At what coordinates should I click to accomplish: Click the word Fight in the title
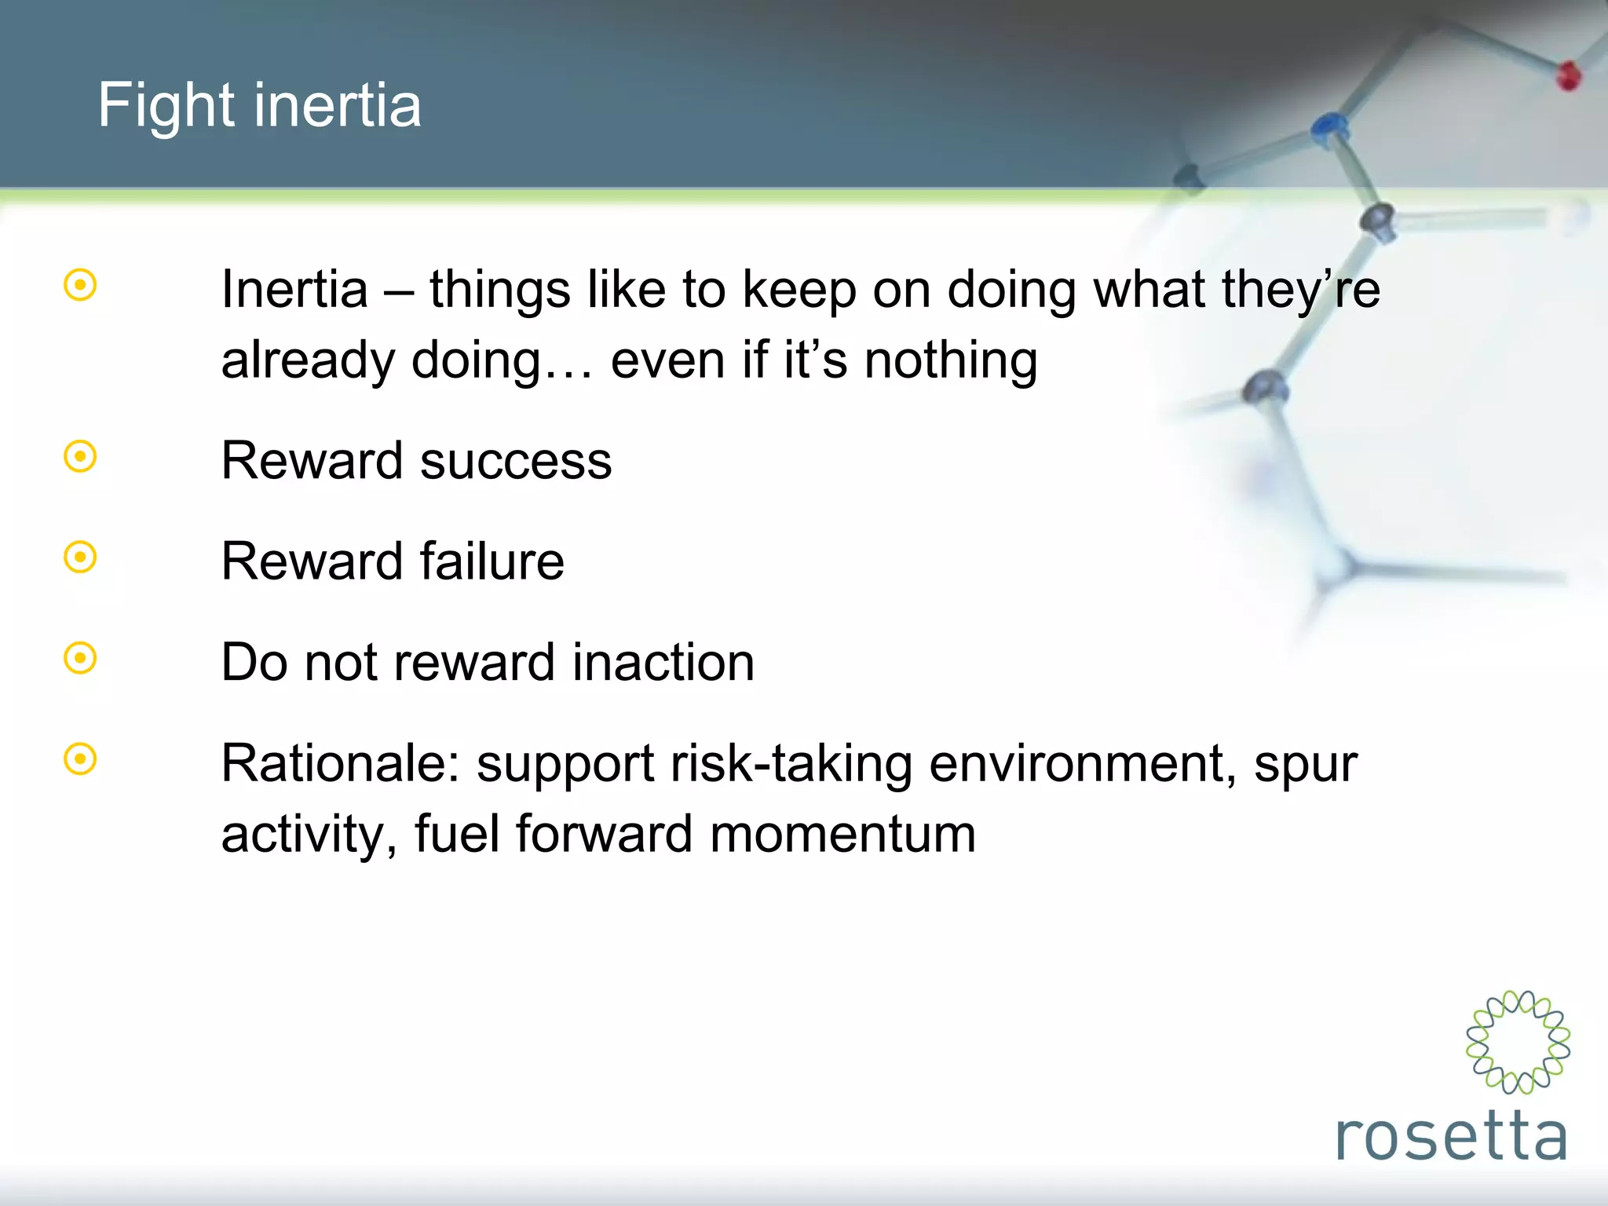click(165, 105)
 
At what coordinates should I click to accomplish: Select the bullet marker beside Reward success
click(80, 456)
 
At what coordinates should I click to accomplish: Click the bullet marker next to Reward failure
click(80, 557)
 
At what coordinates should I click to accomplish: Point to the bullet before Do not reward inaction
click(80, 658)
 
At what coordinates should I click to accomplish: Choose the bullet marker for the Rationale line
click(80, 759)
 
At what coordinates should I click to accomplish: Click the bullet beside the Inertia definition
click(80, 285)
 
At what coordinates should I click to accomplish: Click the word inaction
click(663, 663)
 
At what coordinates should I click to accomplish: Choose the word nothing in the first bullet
click(951, 361)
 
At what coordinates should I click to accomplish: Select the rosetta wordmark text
click(1451, 1137)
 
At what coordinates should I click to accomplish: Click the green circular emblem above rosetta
click(1518, 1042)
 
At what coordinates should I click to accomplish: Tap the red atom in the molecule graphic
click(1568, 76)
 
